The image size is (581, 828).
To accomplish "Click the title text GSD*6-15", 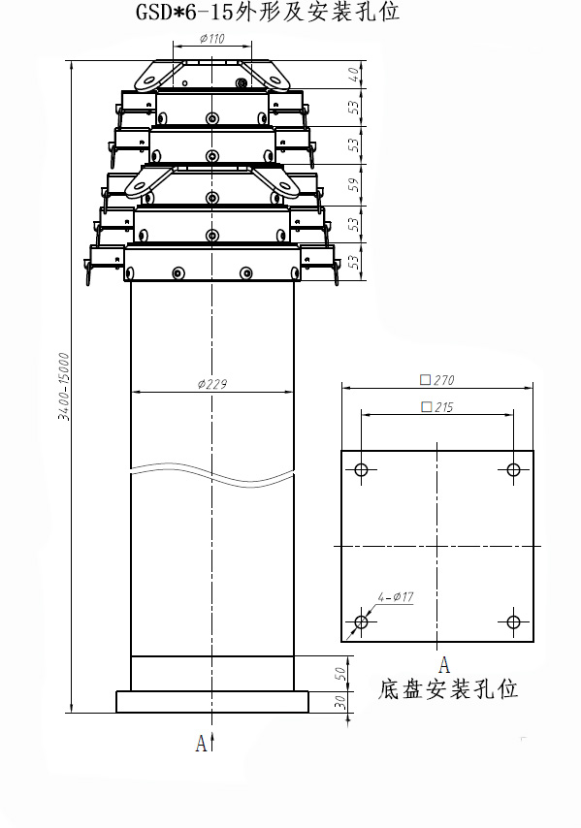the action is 183,12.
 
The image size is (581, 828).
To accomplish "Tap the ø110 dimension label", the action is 211,39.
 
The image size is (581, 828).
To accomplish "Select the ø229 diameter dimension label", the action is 212,384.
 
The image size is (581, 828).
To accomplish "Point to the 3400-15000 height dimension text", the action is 64,387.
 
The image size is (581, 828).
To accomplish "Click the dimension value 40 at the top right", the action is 356,75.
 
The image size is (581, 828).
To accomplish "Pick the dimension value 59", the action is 354,184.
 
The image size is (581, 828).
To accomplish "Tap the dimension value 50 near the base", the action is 341,674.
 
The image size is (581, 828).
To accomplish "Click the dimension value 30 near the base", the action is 341,702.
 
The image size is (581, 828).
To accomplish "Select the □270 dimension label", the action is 436,380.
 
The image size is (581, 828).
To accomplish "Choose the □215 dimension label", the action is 436,406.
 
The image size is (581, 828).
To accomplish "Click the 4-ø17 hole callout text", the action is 396,596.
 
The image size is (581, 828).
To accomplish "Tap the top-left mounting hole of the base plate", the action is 361,469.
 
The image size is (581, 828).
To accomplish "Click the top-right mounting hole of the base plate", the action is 513,469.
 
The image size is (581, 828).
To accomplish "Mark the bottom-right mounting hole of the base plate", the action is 513,622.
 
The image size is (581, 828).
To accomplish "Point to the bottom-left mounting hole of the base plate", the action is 361,622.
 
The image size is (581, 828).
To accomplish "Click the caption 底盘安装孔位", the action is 448,689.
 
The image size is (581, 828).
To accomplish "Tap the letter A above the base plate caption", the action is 444,665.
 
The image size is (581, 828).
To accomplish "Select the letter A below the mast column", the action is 201,744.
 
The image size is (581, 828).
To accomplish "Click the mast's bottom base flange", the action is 212,702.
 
